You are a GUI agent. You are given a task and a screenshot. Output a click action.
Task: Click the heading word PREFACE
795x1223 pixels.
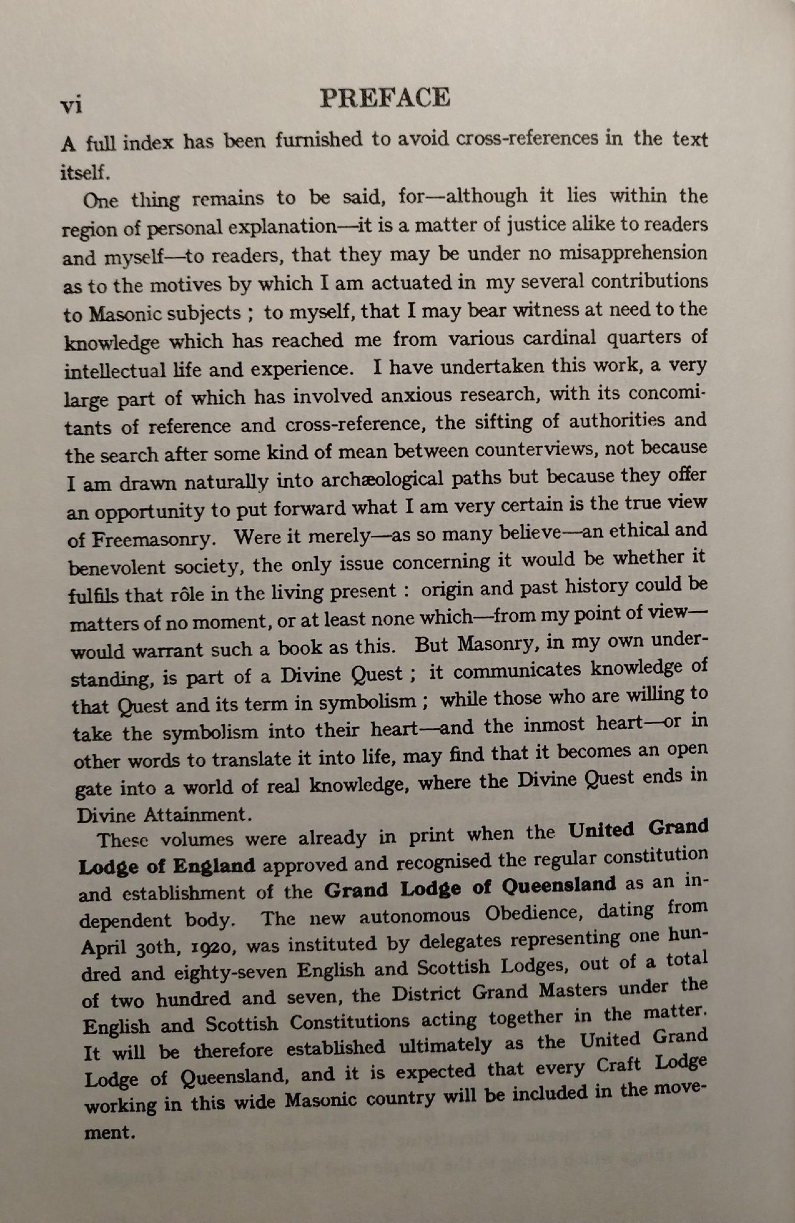click(x=385, y=98)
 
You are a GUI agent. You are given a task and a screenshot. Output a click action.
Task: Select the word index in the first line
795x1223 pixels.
click(x=148, y=143)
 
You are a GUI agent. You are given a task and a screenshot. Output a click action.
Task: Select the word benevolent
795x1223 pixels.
click(x=116, y=567)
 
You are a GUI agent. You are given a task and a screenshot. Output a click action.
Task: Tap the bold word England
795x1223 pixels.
click(x=214, y=866)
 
